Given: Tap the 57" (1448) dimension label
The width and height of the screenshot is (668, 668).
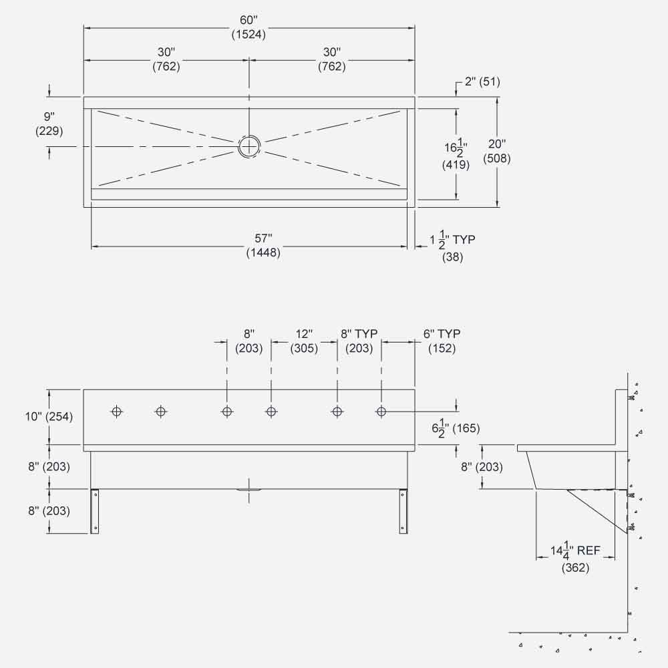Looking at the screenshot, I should (x=263, y=245).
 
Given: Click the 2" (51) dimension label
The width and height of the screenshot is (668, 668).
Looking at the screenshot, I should (x=482, y=82).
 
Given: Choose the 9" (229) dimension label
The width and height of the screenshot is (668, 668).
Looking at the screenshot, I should (x=49, y=124).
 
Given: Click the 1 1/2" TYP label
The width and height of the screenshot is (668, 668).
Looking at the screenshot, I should (x=453, y=246).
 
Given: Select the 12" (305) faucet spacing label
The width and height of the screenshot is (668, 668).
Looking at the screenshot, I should (x=304, y=341).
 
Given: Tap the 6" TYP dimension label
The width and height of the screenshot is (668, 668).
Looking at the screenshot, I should (x=442, y=341).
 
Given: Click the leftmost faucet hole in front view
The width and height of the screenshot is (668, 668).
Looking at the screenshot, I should (x=117, y=411).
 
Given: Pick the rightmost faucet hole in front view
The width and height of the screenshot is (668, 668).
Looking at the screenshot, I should (x=381, y=411).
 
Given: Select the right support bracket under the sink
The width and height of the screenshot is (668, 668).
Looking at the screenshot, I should (x=403, y=511).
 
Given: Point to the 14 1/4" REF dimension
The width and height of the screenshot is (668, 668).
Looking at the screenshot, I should (x=575, y=558).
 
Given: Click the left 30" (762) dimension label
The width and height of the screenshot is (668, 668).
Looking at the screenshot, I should (x=166, y=59).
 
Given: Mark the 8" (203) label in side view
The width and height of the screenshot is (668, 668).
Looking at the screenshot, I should (x=481, y=467).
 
